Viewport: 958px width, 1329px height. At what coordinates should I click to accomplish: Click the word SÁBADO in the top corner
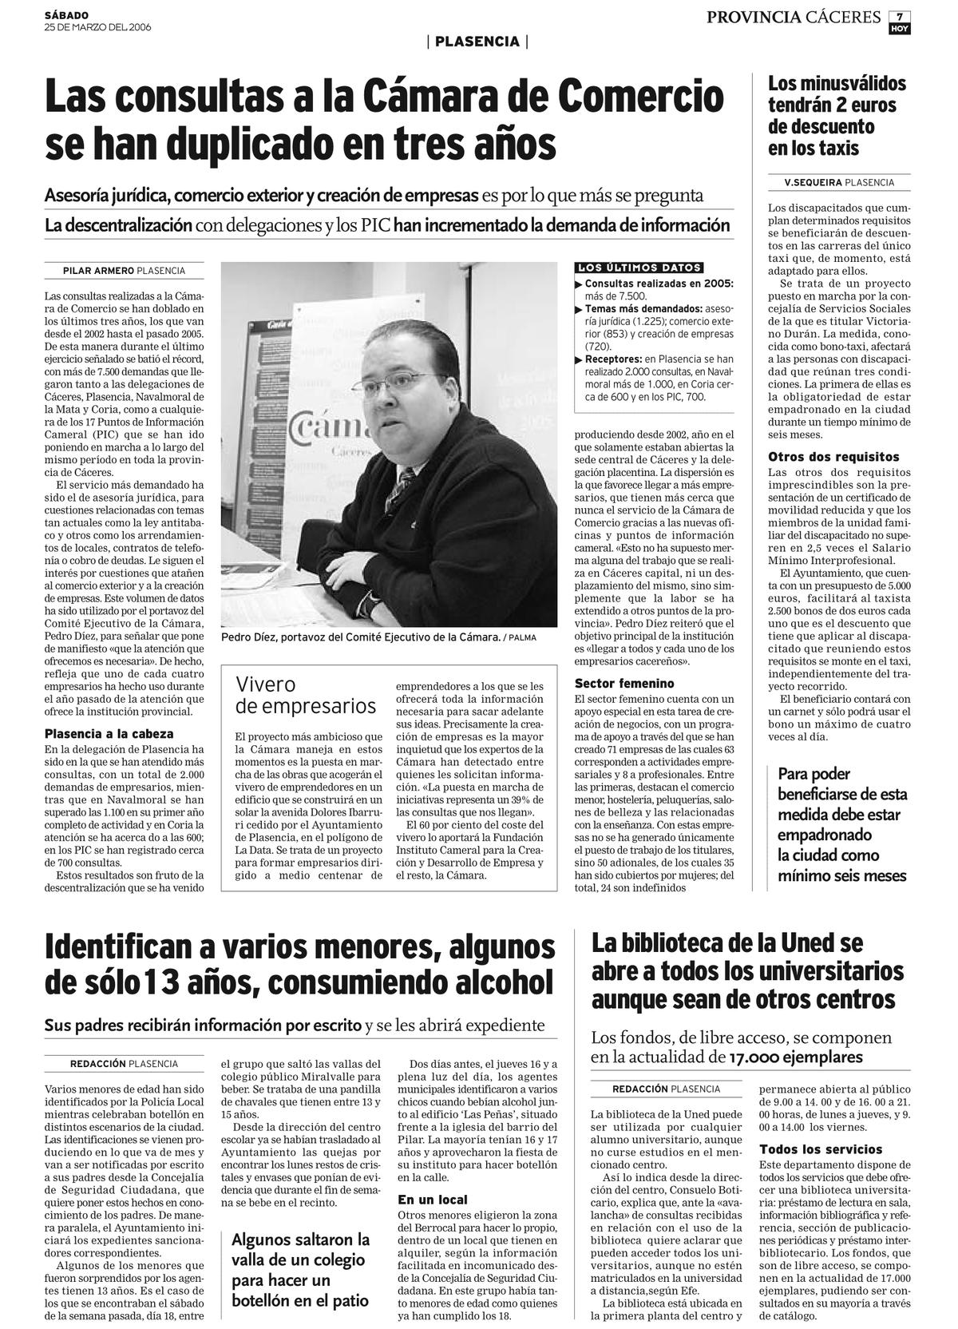[66, 15]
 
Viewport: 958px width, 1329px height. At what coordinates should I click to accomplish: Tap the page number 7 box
[899, 17]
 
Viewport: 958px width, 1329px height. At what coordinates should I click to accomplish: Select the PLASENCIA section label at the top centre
[477, 42]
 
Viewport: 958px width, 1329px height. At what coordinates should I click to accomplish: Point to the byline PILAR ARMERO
[98, 271]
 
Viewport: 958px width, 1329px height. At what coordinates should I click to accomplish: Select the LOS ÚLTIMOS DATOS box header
[639, 268]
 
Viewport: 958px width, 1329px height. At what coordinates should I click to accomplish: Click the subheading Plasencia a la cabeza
[109, 733]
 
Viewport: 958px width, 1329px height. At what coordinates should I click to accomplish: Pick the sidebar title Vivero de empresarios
[305, 695]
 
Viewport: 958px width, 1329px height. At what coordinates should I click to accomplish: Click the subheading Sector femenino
[624, 683]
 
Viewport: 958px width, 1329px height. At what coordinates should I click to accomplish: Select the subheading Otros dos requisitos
[833, 457]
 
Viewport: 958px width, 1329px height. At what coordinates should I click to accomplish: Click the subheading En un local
[433, 1199]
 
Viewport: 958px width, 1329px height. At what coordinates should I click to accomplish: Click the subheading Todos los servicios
[821, 1149]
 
